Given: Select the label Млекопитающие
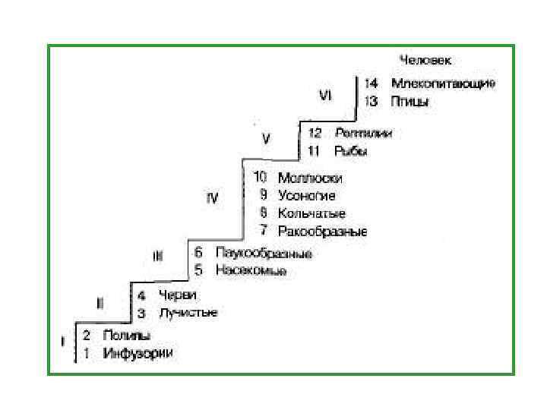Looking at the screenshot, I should point(443,84).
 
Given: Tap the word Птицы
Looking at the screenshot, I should point(409,101).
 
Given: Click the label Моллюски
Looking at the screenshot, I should point(310,178).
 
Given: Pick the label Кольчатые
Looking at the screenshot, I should point(311,213).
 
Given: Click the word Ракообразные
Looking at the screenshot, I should point(322,231).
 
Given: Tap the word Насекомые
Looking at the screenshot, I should point(250,270).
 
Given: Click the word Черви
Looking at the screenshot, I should point(178,295).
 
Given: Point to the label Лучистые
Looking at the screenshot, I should point(188,313).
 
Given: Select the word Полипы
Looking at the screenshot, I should point(126,335).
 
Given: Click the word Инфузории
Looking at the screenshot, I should point(138,353).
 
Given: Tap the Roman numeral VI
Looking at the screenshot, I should point(325,95).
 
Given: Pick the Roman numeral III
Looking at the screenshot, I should point(157,257).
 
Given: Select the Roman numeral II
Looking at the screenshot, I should point(100,303).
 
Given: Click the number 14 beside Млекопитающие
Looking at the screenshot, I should point(372,84).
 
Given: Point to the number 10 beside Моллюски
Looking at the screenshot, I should point(261,178).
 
